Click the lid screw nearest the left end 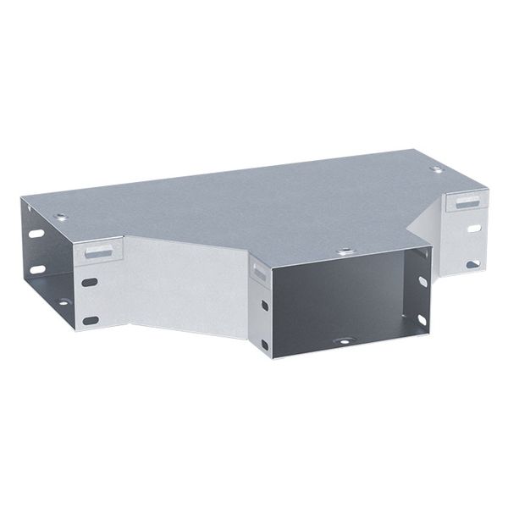(x=60, y=217)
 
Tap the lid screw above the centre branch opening (x=345, y=251)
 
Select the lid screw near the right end (x=436, y=169)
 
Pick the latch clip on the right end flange (x=464, y=202)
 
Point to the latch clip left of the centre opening (x=257, y=270)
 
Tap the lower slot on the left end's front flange (x=91, y=319)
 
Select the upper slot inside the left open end (x=37, y=233)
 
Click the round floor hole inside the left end (x=63, y=301)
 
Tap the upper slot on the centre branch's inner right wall (x=422, y=280)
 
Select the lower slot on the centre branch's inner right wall (x=421, y=319)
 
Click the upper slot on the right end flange (x=472, y=229)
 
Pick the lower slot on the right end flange (x=472, y=264)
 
